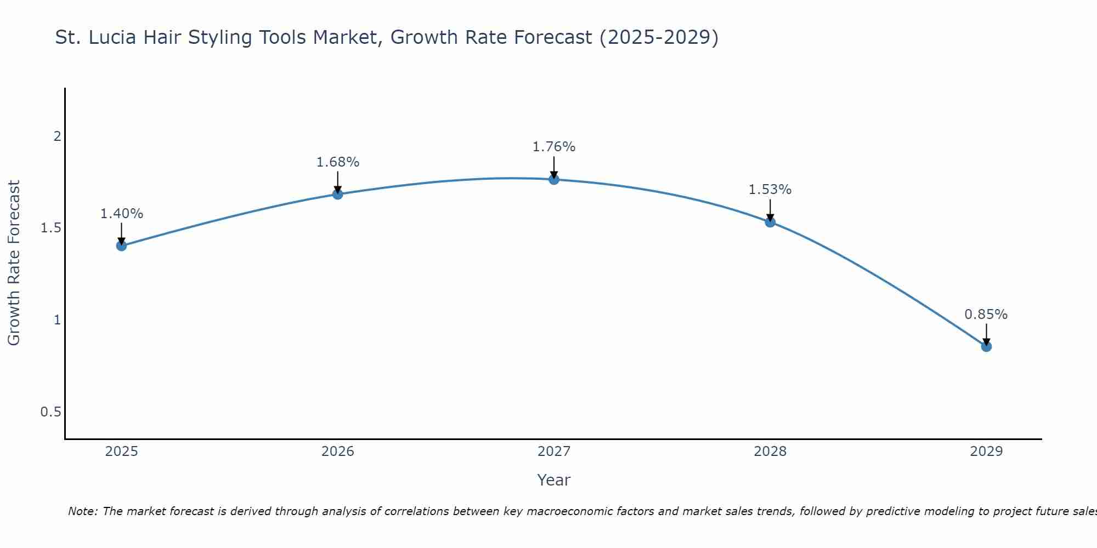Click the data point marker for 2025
[x=122, y=246]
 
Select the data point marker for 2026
[x=338, y=194]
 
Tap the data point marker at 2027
[x=554, y=179]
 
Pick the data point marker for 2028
[x=770, y=222]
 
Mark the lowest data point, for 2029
[x=986, y=346]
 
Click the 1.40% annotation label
[x=122, y=214]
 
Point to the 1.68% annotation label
[x=338, y=162]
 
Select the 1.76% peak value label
[x=554, y=147]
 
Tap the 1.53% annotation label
[x=770, y=190]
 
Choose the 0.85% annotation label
[x=986, y=315]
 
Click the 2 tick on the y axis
[x=57, y=136]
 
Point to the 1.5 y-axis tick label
[x=51, y=228]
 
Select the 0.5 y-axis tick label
[x=51, y=412]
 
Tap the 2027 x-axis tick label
[x=554, y=452]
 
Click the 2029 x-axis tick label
[x=986, y=452]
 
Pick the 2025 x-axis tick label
[x=122, y=452]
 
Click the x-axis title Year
[x=554, y=480]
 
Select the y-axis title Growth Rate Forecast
[x=14, y=263]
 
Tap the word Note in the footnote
[x=82, y=511]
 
